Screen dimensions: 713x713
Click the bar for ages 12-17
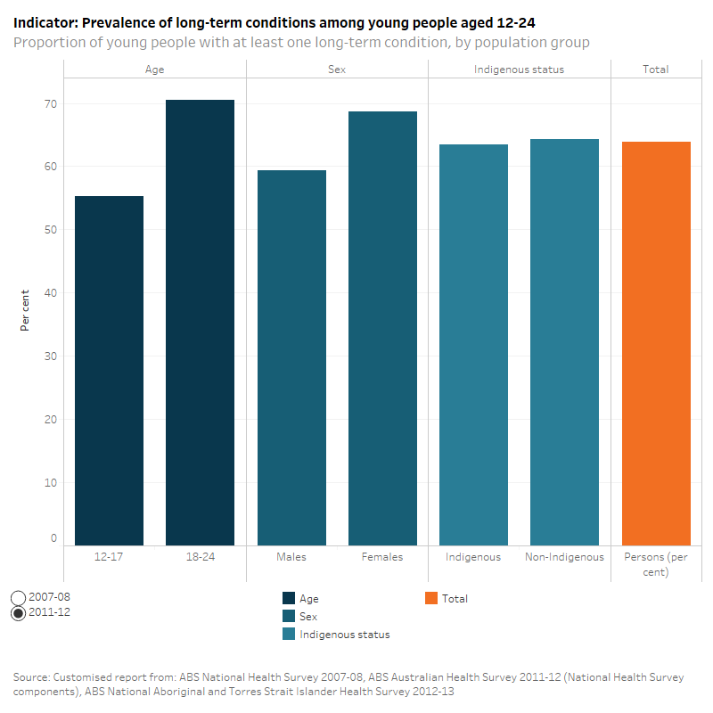coord(109,371)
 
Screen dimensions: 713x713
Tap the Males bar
coord(291,357)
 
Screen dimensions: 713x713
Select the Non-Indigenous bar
coord(564,342)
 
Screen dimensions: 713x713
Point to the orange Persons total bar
coord(656,343)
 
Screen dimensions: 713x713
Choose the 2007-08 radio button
coord(19,597)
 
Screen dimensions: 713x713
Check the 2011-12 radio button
coord(19,613)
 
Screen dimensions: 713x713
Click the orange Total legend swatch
coord(431,599)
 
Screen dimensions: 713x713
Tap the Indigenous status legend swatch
coord(289,635)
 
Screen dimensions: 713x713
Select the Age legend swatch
coord(289,599)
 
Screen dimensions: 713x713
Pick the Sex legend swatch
coord(289,617)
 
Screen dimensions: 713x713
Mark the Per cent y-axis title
coord(25,309)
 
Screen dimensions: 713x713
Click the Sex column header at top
coord(337,69)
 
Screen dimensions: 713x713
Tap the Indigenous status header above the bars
coord(519,69)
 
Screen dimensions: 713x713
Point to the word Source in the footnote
coord(32,678)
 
